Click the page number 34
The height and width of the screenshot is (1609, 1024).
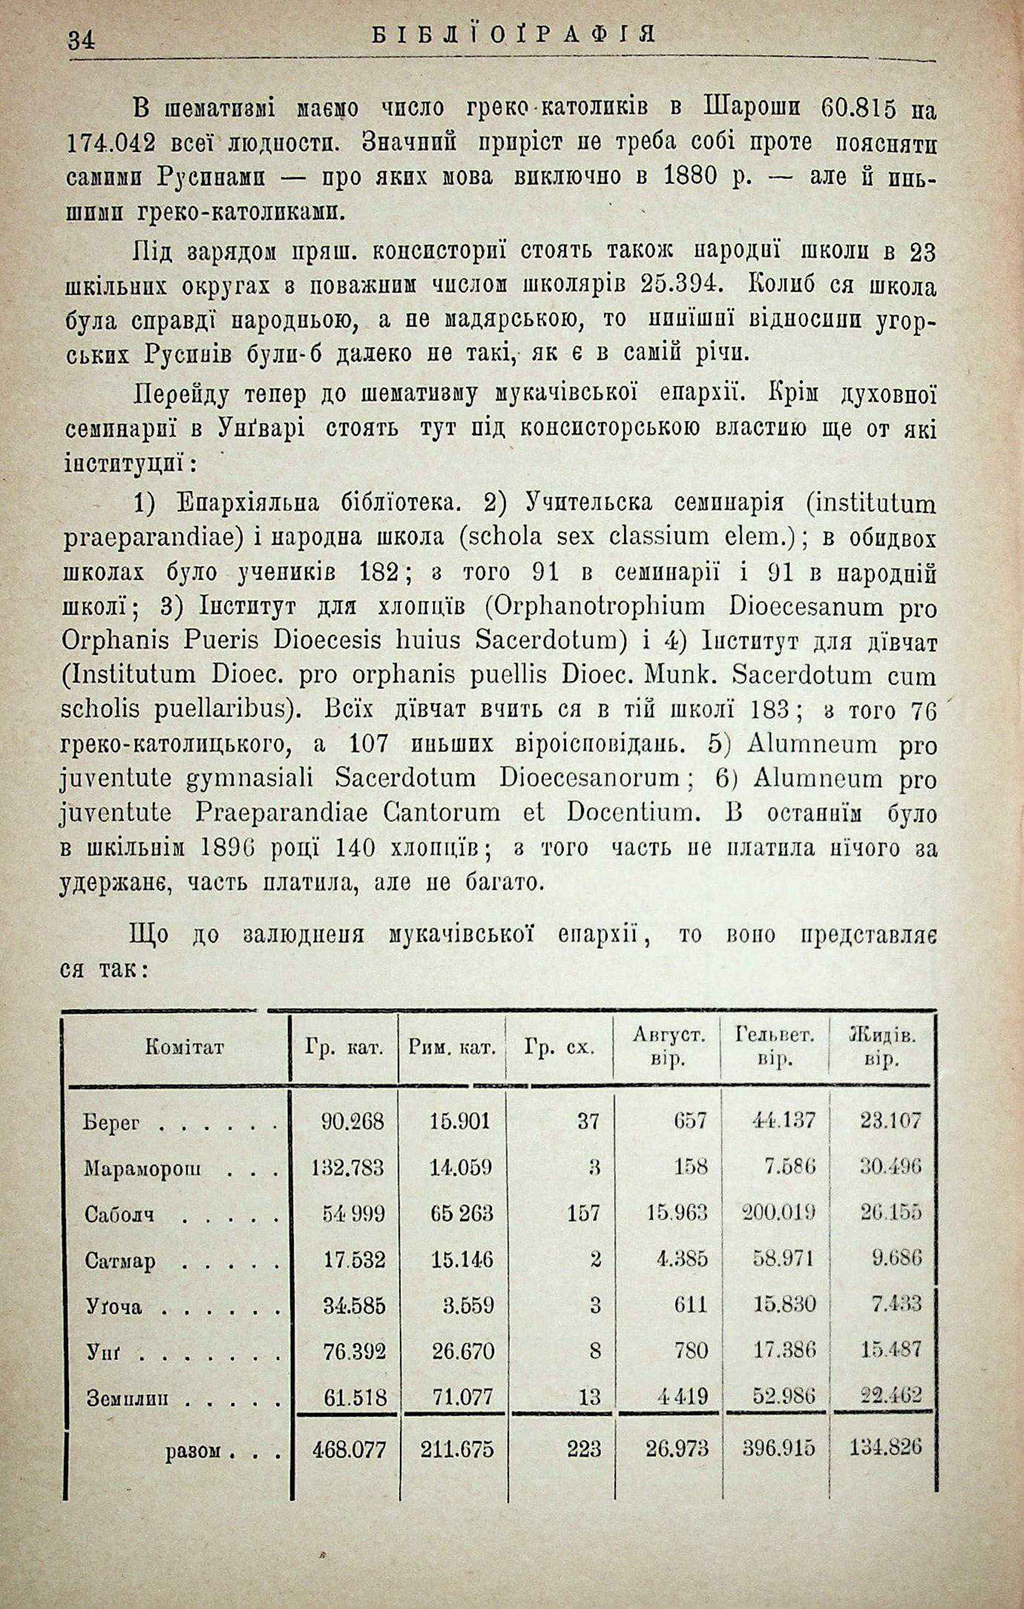point(81,41)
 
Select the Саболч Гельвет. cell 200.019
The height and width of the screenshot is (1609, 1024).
point(779,1212)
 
